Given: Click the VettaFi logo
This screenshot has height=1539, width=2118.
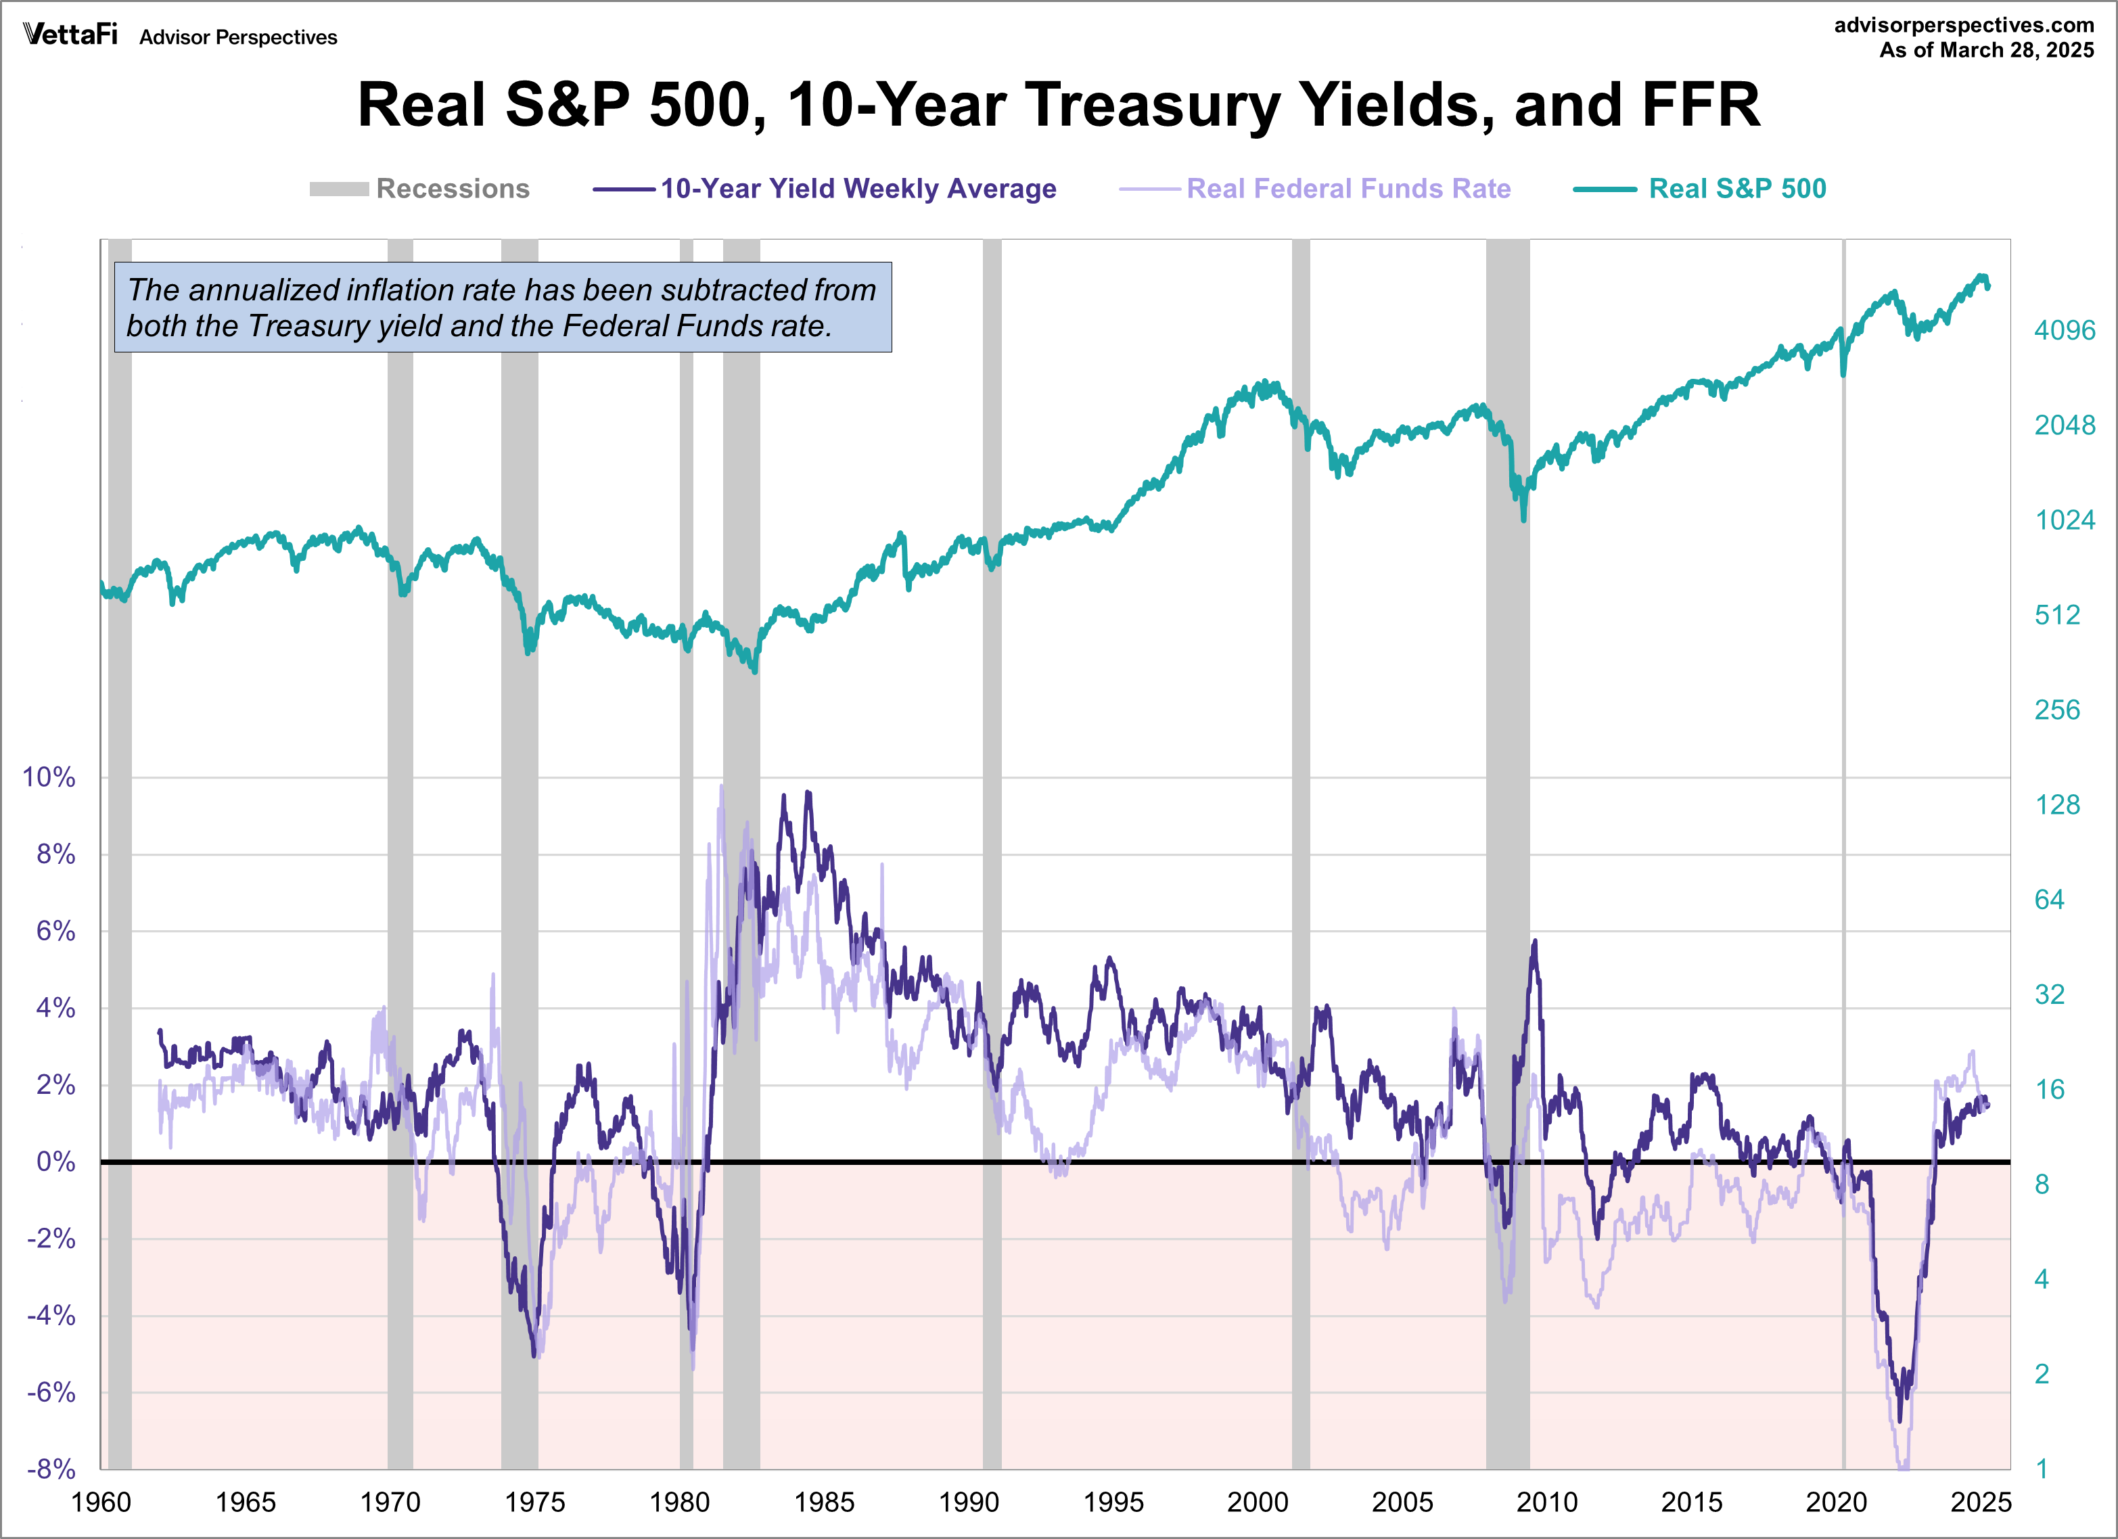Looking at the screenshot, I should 71,35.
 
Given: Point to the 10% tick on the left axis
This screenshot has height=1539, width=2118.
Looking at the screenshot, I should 49,777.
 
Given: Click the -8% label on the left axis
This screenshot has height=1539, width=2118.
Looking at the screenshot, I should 51,1469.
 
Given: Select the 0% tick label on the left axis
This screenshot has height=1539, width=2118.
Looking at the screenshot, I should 55,1162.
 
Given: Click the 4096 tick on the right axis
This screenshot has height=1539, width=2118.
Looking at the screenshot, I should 2064,331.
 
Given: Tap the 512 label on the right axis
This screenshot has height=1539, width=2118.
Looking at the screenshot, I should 2056,616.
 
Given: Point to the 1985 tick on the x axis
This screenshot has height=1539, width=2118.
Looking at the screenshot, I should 824,1502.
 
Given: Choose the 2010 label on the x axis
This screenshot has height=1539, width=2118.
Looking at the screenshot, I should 1546,1502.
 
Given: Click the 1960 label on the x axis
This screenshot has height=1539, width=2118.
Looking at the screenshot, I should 101,1502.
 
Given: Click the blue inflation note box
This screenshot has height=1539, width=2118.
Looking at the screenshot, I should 503,307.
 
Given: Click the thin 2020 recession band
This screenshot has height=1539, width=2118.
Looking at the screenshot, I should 1843,840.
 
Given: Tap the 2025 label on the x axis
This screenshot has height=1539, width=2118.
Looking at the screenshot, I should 1980,1502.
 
